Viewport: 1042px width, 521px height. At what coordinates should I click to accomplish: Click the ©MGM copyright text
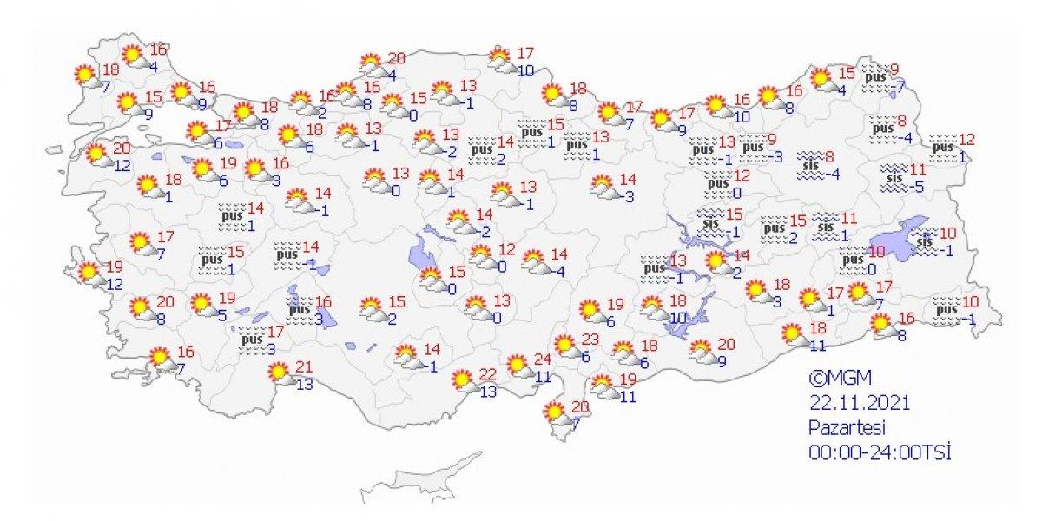(x=839, y=379)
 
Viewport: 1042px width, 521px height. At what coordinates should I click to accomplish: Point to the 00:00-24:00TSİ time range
(x=880, y=452)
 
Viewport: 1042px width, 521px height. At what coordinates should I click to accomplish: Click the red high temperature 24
(x=543, y=358)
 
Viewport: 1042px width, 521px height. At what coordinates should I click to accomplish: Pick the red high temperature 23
(x=591, y=340)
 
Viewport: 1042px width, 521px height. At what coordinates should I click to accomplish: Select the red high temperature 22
(x=488, y=373)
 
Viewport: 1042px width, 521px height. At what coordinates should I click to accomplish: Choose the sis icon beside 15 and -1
(x=711, y=223)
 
